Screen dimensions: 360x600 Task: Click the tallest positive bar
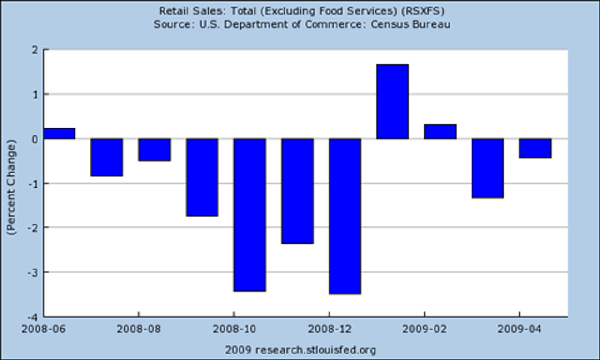(392, 101)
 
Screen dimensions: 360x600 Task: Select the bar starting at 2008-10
(250, 215)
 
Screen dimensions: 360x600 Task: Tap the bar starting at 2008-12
(345, 216)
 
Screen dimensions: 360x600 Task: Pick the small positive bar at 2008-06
(59, 134)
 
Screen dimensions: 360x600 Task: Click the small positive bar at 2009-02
(440, 132)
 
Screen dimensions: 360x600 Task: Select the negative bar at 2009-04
(535, 148)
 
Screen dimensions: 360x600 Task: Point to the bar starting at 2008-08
(154, 150)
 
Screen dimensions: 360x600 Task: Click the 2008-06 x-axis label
(43, 329)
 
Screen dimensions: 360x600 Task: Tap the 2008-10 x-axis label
(234, 329)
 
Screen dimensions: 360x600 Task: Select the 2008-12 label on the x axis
(330, 329)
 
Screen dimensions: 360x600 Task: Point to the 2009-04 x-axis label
(519, 329)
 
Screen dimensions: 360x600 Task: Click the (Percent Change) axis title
(11, 187)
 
